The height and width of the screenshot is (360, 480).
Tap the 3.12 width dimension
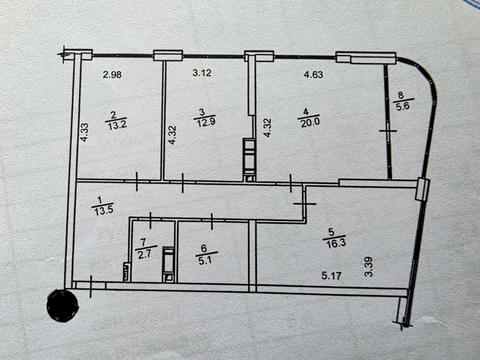tap(202, 72)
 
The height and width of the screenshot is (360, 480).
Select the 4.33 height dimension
tap(87, 131)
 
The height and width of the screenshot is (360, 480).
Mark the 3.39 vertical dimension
tap(369, 266)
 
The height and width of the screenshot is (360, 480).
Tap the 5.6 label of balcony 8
tap(404, 106)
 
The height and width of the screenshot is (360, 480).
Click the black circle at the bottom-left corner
tap(63, 306)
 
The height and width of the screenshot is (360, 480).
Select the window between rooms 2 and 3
tap(167, 54)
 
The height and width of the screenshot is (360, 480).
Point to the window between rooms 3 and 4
tap(258, 55)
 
